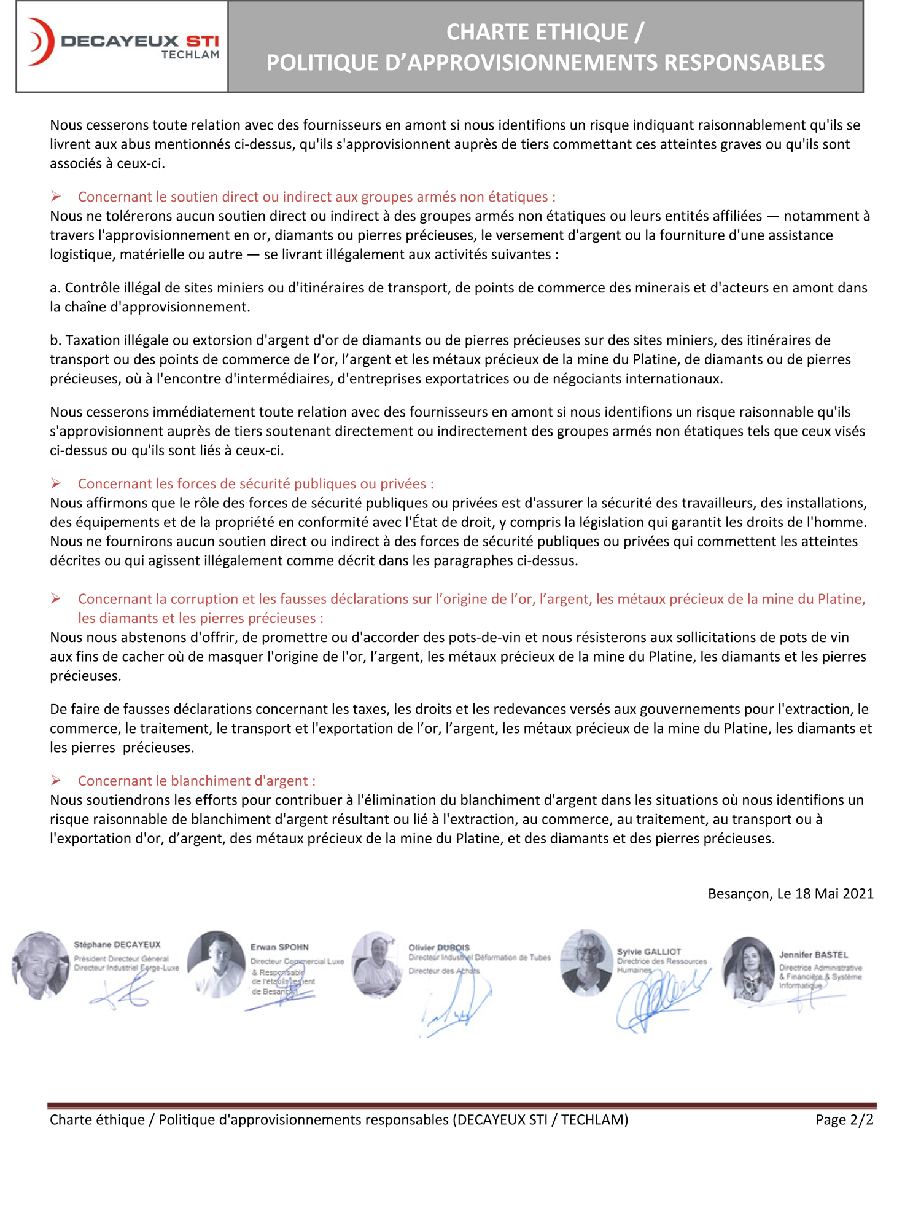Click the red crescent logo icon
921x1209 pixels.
point(41,42)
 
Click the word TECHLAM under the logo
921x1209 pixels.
point(190,55)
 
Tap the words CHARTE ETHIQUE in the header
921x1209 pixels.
point(537,32)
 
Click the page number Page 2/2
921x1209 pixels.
point(844,1119)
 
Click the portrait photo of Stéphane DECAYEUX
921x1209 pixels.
point(41,964)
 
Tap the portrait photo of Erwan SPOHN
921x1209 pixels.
point(216,963)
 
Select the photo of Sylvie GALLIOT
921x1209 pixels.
point(586,962)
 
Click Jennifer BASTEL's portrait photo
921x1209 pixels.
point(748,969)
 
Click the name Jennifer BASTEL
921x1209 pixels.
point(813,955)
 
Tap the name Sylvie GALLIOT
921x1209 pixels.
point(648,952)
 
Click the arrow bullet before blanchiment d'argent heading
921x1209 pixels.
point(56,780)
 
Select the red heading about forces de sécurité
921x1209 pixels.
point(255,483)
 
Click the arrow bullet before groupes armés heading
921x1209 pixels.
point(56,197)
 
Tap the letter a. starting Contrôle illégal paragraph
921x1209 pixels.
point(55,288)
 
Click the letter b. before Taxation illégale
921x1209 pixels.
point(56,340)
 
